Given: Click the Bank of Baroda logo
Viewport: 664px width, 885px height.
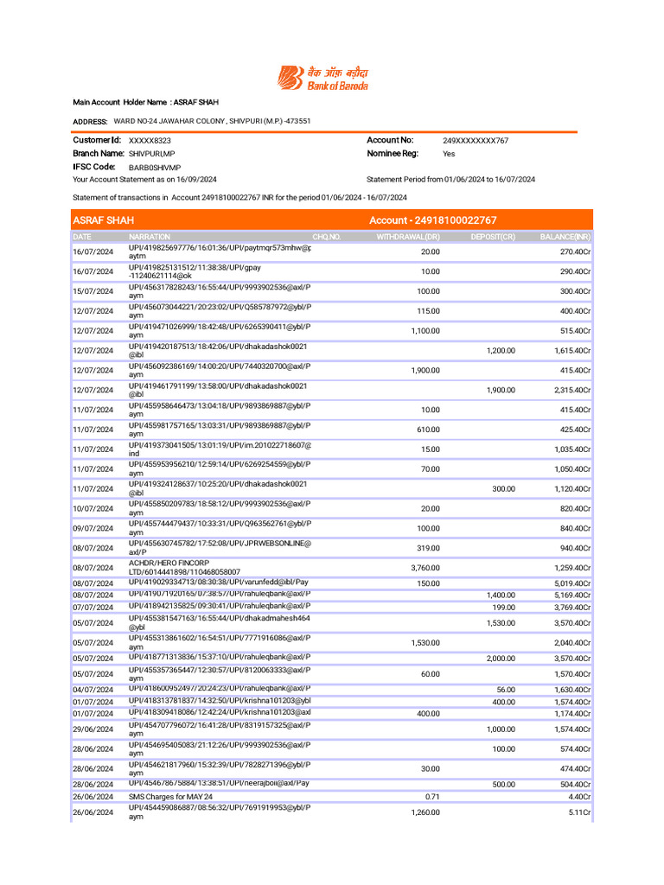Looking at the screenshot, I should pos(322,78).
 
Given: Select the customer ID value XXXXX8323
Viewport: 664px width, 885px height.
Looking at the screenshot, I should pos(150,140).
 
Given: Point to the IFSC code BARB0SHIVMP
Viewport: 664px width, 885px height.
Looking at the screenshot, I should pos(155,168).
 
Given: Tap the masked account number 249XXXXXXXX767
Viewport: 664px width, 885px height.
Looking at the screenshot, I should pos(476,140).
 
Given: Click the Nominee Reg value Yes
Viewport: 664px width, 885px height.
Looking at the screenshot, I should pos(449,154).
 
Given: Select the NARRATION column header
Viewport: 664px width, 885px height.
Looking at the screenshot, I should pos(150,237).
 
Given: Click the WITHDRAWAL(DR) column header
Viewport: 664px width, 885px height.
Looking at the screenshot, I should pos(408,237).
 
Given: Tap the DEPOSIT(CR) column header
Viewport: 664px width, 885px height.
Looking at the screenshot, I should pos(493,237).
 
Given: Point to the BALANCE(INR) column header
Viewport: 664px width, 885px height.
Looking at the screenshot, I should pos(565,237).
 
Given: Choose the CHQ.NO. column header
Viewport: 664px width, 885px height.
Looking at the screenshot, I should pos(327,237).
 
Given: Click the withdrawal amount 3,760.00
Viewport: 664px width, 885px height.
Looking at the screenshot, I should pos(425,568).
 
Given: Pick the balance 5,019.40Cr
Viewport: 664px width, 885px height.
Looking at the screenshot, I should pos(572,583).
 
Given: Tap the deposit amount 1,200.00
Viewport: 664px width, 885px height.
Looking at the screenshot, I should pos(501,351).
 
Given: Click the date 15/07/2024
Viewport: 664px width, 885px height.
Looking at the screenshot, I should pos(93,291).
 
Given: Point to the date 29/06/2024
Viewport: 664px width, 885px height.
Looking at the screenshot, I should pos(93,730).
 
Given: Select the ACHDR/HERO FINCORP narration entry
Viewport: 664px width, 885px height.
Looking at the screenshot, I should pos(184,568).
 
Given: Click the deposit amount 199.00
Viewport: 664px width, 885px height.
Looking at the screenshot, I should pos(503,608).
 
